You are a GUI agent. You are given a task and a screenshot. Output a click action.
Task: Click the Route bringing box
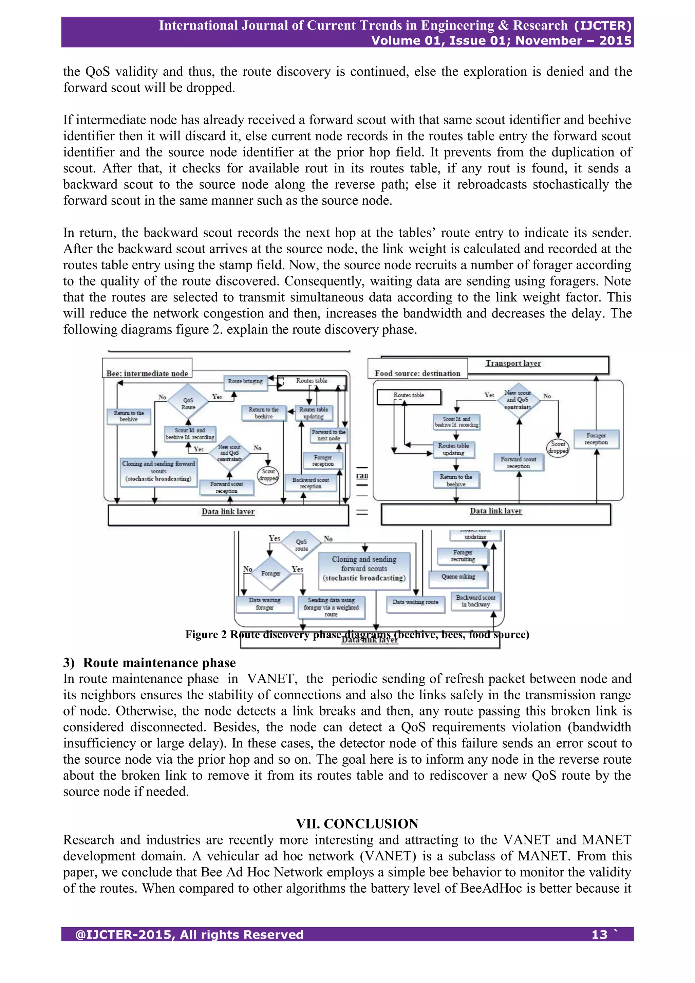245,381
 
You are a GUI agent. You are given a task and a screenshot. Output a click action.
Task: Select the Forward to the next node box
329,435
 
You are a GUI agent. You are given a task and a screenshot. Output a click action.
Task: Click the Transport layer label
513,363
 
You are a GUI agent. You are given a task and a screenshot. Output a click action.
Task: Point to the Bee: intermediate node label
147,373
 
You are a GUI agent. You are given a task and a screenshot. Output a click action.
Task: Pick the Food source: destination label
417,373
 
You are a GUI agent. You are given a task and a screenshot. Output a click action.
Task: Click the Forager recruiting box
463,556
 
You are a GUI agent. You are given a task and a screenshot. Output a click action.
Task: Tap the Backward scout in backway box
475,601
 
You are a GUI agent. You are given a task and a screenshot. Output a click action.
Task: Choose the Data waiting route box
415,602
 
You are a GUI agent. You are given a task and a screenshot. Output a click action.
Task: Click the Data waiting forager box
264,604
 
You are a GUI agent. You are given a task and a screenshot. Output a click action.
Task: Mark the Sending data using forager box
331,607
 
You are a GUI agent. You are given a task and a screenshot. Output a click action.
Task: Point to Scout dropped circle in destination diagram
558,448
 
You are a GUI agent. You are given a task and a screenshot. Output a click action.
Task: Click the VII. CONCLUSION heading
357,823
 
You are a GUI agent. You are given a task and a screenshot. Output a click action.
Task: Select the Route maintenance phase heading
159,663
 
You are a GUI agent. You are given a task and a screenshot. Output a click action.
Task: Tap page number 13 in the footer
599,935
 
